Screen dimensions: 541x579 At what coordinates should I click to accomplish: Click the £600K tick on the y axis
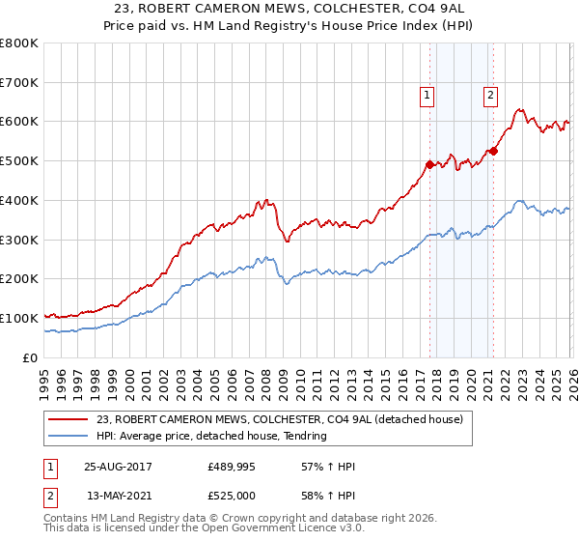coord(19,122)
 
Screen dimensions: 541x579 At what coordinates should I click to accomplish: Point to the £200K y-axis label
coord(19,279)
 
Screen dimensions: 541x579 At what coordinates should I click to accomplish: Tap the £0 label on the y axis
coord(29,357)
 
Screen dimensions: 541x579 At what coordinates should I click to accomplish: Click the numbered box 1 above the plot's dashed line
coord(427,95)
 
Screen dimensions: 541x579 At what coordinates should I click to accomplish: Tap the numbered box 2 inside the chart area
coord(490,95)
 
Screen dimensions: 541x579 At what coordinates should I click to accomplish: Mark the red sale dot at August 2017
coord(429,164)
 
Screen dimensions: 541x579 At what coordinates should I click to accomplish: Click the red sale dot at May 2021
coord(493,151)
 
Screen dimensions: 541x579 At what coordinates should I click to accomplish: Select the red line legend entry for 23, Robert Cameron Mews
coord(280,419)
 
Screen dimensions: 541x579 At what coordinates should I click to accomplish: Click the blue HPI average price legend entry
coord(212,436)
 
